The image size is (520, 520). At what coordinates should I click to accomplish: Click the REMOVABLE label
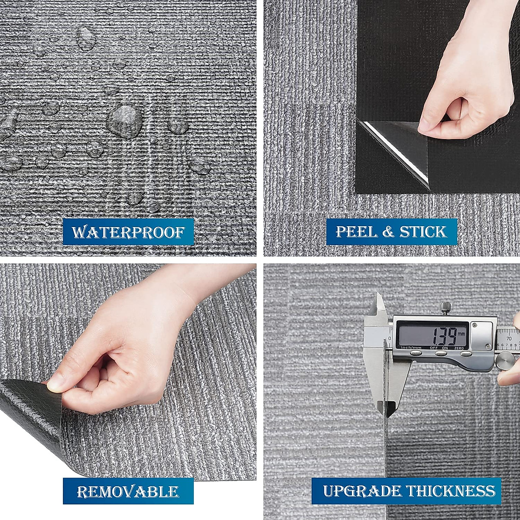click(128, 491)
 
